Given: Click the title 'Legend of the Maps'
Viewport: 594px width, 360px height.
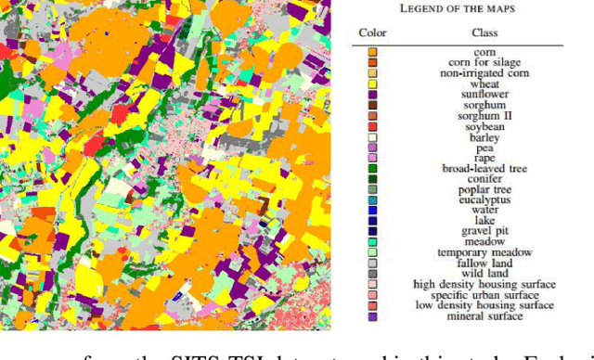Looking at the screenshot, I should tap(459, 7).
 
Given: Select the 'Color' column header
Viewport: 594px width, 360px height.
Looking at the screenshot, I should tap(372, 33).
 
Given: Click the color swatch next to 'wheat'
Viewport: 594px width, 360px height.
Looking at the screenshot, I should tap(372, 84).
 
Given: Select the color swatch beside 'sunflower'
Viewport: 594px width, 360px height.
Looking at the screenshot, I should tap(372, 94).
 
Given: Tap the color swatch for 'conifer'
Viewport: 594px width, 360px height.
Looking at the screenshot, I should tap(372, 178).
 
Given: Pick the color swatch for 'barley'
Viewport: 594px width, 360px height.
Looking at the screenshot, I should tap(372, 136).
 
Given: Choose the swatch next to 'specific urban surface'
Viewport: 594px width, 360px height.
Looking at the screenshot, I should tap(372, 294).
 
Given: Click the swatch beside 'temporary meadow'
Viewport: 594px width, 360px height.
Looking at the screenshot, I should tap(372, 252).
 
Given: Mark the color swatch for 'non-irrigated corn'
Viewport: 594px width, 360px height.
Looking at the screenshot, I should tap(372, 72).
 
